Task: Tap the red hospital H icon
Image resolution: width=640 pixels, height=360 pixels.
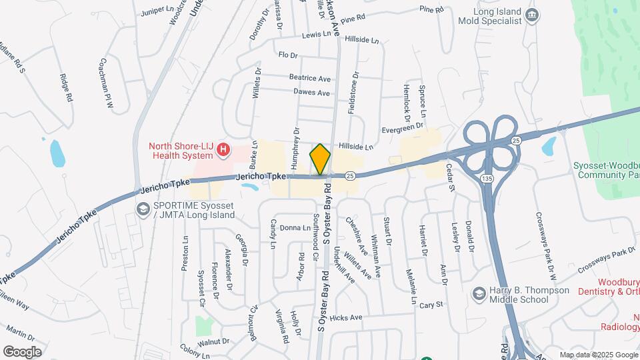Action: tap(224, 151)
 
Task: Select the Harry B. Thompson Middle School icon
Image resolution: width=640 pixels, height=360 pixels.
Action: tap(479, 293)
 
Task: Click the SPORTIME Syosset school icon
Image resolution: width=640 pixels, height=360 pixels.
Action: tap(142, 210)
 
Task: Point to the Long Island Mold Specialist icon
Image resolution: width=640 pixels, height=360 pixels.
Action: tap(531, 15)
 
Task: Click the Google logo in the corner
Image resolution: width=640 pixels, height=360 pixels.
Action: tap(23, 351)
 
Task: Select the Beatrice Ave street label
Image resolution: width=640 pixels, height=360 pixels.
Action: tap(309, 78)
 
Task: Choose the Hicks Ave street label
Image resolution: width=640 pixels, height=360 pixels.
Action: tap(345, 318)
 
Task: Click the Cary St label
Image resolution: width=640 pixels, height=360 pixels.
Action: tap(431, 305)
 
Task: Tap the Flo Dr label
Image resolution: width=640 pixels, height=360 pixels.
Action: tap(287, 55)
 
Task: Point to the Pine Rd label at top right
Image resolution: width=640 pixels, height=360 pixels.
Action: tap(431, 9)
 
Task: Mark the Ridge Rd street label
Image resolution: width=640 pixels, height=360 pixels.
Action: tap(65, 87)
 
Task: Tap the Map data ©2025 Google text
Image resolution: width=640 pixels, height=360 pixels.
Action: tap(598, 355)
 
